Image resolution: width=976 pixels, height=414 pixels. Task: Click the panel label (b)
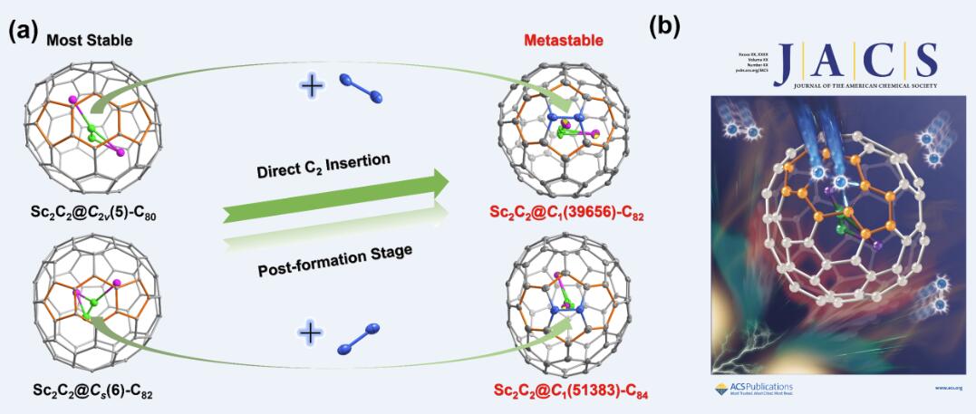[665, 26]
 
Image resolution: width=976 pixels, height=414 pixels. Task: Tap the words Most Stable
[89, 40]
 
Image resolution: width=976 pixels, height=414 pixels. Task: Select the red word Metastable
[563, 41]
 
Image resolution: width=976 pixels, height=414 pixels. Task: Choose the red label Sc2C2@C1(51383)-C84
[565, 391]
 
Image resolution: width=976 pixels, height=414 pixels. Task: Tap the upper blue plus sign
[311, 87]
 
